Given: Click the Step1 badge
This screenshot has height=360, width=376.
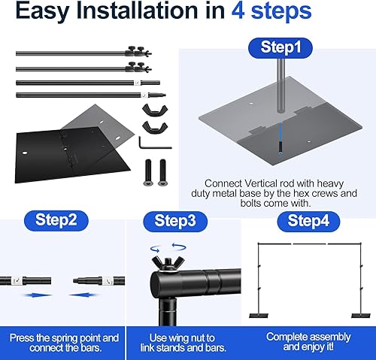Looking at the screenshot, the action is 280,48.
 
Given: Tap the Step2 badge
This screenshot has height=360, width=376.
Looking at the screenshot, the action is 56,220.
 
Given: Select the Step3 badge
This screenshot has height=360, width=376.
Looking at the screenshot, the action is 175,222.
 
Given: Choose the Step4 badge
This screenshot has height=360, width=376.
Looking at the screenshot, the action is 308,222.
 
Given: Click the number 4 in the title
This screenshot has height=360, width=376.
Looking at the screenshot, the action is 238,11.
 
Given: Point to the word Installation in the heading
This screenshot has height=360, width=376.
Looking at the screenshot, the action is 138,11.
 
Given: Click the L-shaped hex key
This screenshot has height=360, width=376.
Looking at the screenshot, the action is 155,143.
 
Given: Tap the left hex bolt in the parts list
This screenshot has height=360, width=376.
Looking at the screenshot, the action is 148,173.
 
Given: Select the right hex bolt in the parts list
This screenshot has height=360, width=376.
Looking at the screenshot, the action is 162,173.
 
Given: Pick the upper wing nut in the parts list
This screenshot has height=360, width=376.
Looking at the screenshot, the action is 155,111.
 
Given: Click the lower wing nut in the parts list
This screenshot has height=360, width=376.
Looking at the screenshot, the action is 155,127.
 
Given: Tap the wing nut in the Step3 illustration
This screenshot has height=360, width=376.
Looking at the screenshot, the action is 168,264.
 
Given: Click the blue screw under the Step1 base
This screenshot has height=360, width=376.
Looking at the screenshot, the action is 280,147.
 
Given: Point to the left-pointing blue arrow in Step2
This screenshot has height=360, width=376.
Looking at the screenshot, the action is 82,295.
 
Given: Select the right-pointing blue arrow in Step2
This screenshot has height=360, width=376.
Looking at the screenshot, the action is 38,295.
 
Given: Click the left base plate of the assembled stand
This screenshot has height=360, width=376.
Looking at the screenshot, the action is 259,316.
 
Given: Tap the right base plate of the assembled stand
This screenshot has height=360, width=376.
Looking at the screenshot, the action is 361,316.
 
